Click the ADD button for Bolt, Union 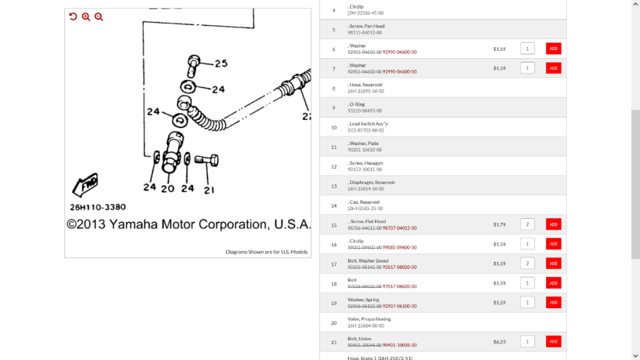pos(553,341)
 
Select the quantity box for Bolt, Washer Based pos(527,263)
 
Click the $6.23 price pos(499,341)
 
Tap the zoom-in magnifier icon pos(86,17)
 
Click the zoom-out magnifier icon pos(99,17)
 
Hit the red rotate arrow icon pos(73,17)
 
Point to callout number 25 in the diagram pos(221,63)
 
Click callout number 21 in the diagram pos(209,190)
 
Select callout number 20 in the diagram pos(167,188)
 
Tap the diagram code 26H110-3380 pos(97,207)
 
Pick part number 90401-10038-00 pos(399,345)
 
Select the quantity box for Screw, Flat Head pos(527,224)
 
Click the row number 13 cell pos(334,186)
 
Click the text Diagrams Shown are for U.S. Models pos(266,252)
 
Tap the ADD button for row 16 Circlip pos(553,244)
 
